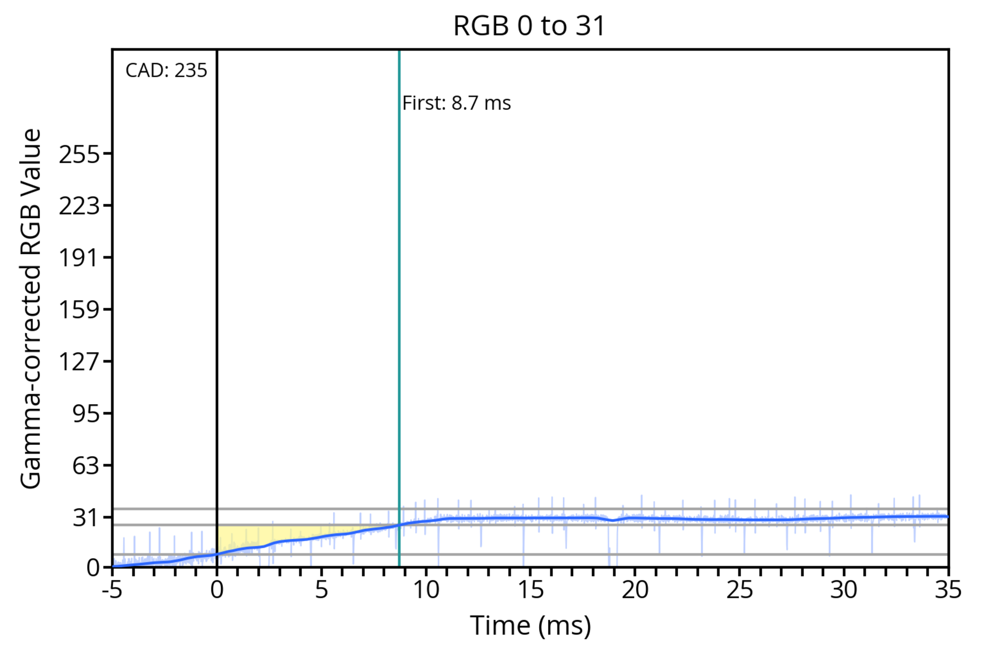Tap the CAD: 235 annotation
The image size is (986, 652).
tap(166, 71)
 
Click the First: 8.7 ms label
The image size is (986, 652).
tap(456, 103)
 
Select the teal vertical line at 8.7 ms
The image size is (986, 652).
tap(399, 291)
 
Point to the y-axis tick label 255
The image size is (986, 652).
tap(79, 155)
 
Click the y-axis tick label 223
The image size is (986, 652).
tap(79, 206)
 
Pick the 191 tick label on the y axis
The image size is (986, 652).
tap(79, 258)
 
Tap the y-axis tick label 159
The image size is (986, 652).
tap(79, 310)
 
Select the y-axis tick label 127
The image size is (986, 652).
tap(79, 361)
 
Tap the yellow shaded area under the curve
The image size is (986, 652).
tap(250, 536)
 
